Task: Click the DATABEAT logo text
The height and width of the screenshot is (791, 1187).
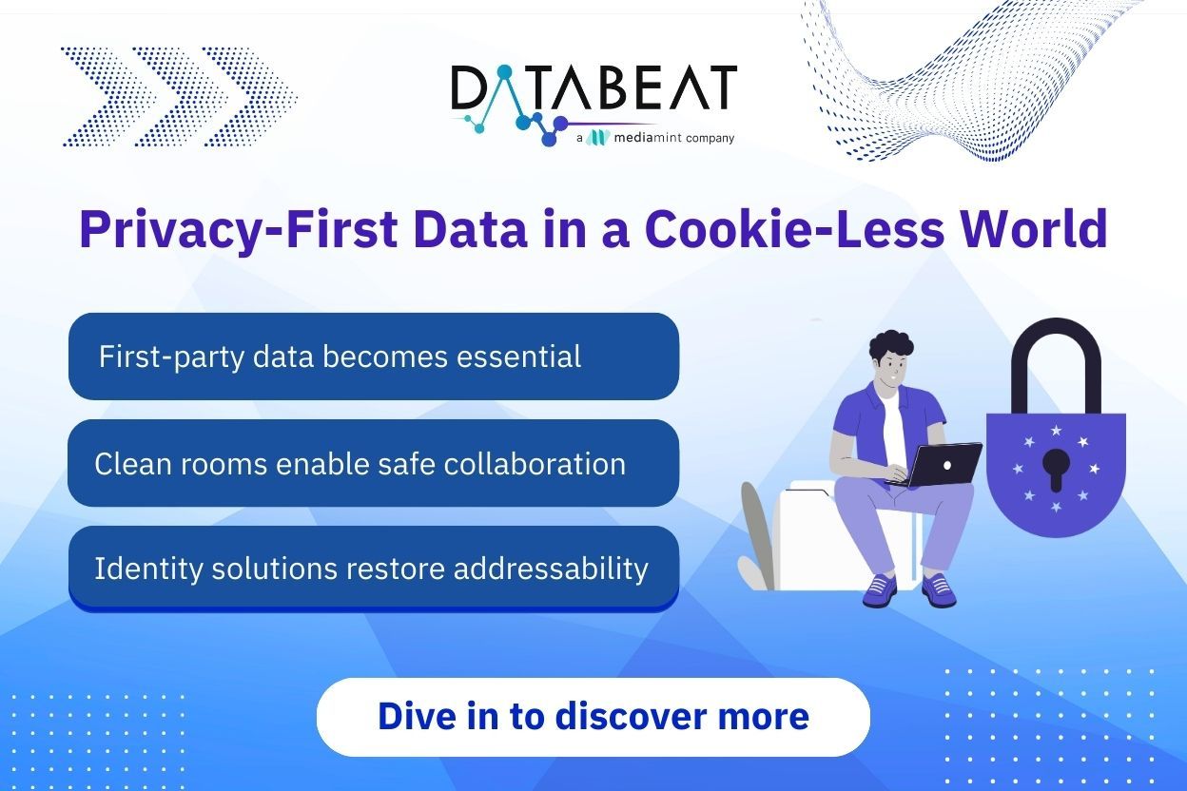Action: [593, 87]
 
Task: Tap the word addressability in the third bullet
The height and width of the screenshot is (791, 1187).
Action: [551, 569]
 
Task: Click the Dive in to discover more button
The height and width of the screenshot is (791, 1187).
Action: [593, 717]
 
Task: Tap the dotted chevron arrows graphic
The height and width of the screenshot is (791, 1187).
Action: [179, 96]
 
